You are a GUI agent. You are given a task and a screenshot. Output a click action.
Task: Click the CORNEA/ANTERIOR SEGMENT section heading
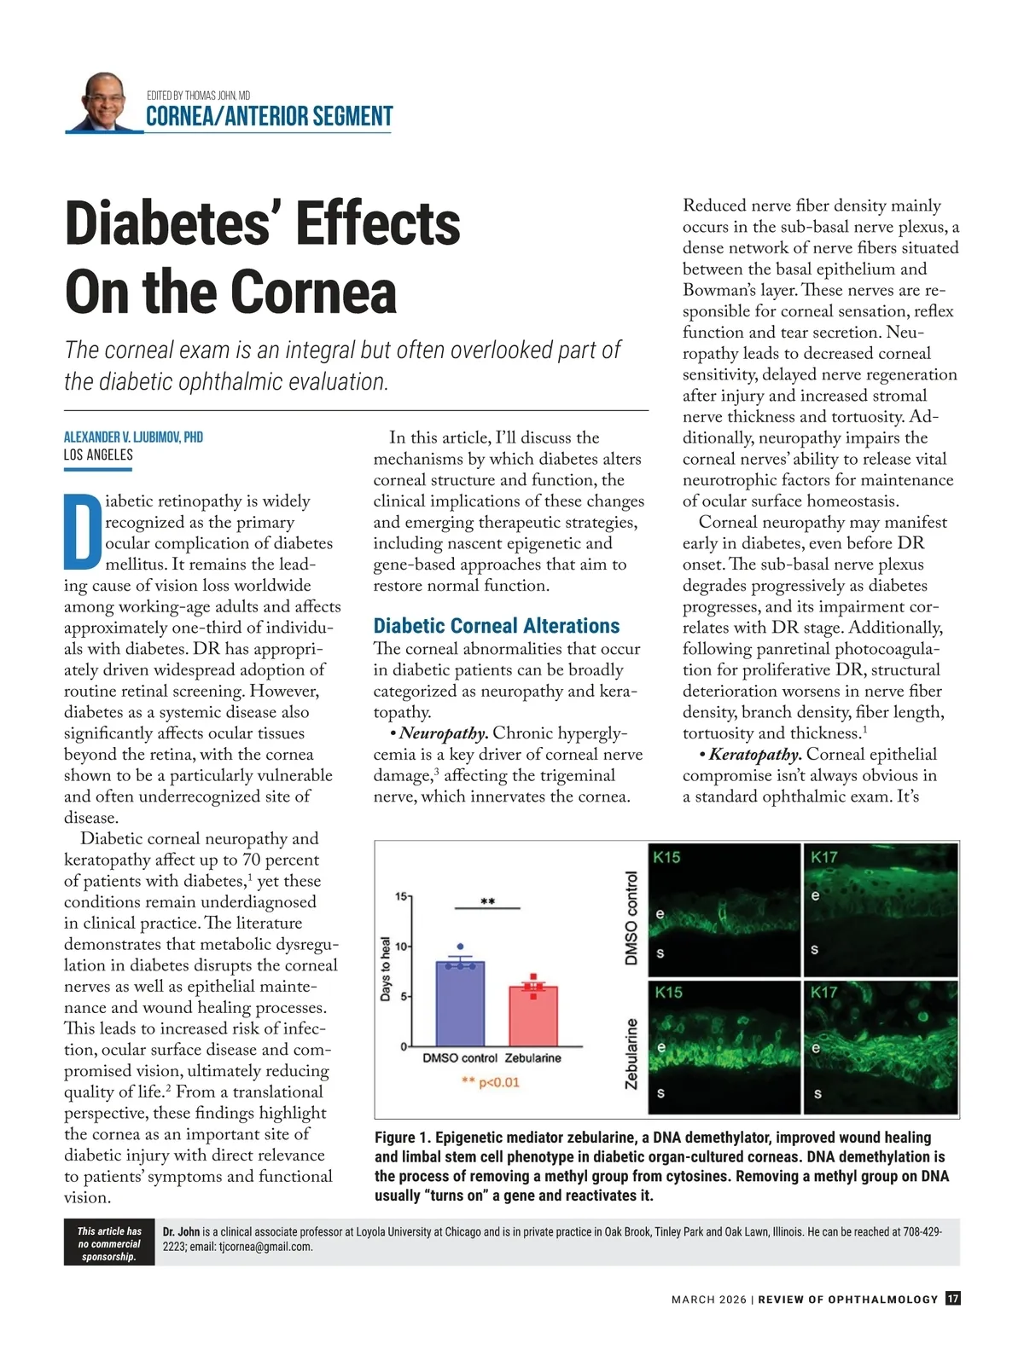pos(269,117)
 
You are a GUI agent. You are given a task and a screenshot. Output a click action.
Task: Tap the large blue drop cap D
pos(83,530)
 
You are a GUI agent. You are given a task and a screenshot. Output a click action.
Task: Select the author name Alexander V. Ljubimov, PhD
pos(133,437)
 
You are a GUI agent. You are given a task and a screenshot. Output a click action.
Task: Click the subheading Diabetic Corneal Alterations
pos(497,626)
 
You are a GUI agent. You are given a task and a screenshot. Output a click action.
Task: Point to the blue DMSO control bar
pos(460,1004)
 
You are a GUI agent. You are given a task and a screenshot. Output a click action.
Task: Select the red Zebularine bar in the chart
pos(533,1016)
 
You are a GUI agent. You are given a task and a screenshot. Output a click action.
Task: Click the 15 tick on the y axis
pos(400,896)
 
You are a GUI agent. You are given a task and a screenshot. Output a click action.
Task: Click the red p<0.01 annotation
pos(491,1083)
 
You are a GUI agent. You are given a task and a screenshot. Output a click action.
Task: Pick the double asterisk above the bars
pos(487,901)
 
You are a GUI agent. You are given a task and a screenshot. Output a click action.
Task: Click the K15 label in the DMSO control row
pos(666,857)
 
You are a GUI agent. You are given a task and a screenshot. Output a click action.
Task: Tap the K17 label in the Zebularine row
pos(824,992)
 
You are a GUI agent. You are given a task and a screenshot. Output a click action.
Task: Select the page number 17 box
pos(953,1299)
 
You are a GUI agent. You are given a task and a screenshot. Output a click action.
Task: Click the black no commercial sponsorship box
pos(109,1243)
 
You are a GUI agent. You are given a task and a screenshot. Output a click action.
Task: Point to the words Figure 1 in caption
pos(402,1138)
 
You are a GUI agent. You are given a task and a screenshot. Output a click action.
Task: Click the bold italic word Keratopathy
pos(755,755)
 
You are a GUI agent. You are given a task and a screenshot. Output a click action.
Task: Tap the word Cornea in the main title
pos(315,292)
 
